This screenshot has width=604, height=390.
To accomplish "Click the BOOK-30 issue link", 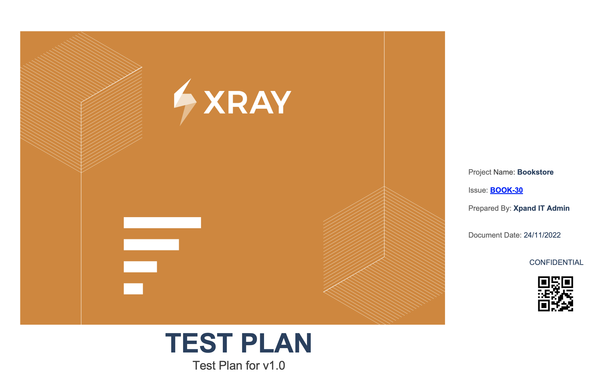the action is click(506, 190).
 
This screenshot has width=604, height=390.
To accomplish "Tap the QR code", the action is click(555, 293).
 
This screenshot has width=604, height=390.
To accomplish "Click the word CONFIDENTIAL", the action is click(556, 262).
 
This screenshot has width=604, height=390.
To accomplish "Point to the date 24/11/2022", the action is click(542, 235).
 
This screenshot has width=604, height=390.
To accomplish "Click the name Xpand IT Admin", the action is click(541, 208).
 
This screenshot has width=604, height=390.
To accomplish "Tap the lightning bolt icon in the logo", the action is click(185, 102).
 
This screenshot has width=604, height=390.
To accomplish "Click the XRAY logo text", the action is click(247, 102).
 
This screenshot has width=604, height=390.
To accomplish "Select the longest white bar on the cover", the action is click(162, 223).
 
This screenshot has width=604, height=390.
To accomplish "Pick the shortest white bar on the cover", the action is click(133, 289).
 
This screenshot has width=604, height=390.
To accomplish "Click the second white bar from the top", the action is click(151, 245).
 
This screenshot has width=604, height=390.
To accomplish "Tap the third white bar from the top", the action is click(140, 267).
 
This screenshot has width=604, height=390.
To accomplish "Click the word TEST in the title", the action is click(199, 343).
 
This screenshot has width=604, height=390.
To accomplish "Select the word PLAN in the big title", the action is click(276, 343).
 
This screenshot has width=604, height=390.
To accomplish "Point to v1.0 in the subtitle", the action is click(274, 365).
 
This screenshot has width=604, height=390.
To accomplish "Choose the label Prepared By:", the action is click(490, 208).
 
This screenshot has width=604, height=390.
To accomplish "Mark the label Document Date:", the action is click(495, 235).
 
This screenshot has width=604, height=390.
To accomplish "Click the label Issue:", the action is click(478, 190).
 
